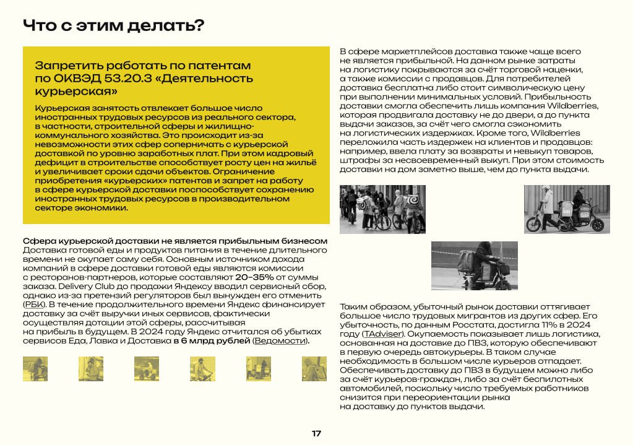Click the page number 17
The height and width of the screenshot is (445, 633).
pyautogui.click(x=316, y=433)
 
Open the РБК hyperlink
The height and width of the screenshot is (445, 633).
pyautogui.click(x=31, y=305)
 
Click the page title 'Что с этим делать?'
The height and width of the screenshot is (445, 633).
pyautogui.click(x=113, y=26)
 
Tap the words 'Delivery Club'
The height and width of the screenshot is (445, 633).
pyautogui.click(x=79, y=287)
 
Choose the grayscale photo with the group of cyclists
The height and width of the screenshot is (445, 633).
pyautogui.click(x=382, y=209)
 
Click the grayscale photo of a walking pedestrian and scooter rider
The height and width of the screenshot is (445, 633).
pyautogui.click(x=567, y=209)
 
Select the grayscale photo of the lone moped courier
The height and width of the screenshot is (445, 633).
pyautogui.click(x=475, y=266)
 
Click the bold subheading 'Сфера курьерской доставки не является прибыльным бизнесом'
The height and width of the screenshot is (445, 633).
pyautogui.click(x=174, y=241)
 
